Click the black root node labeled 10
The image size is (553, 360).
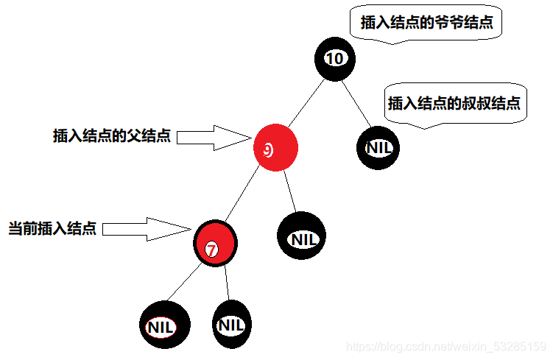[x=335, y=58]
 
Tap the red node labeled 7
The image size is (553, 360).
[x=215, y=244]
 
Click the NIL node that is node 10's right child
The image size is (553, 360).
[x=379, y=147]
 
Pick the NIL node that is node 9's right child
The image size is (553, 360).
[x=301, y=237]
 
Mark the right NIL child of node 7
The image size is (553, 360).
[x=231, y=325]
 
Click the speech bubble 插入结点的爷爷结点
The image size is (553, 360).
[x=426, y=24]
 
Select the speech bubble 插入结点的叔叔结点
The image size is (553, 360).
[x=454, y=104]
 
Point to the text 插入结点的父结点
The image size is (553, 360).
[x=112, y=136]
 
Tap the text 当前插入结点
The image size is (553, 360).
[x=52, y=228]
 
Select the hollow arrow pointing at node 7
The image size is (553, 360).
[x=147, y=228]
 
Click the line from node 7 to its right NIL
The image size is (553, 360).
[x=227, y=283]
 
